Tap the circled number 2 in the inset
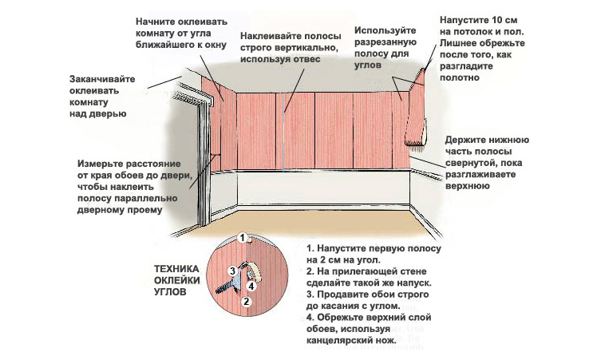point(247,302)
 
